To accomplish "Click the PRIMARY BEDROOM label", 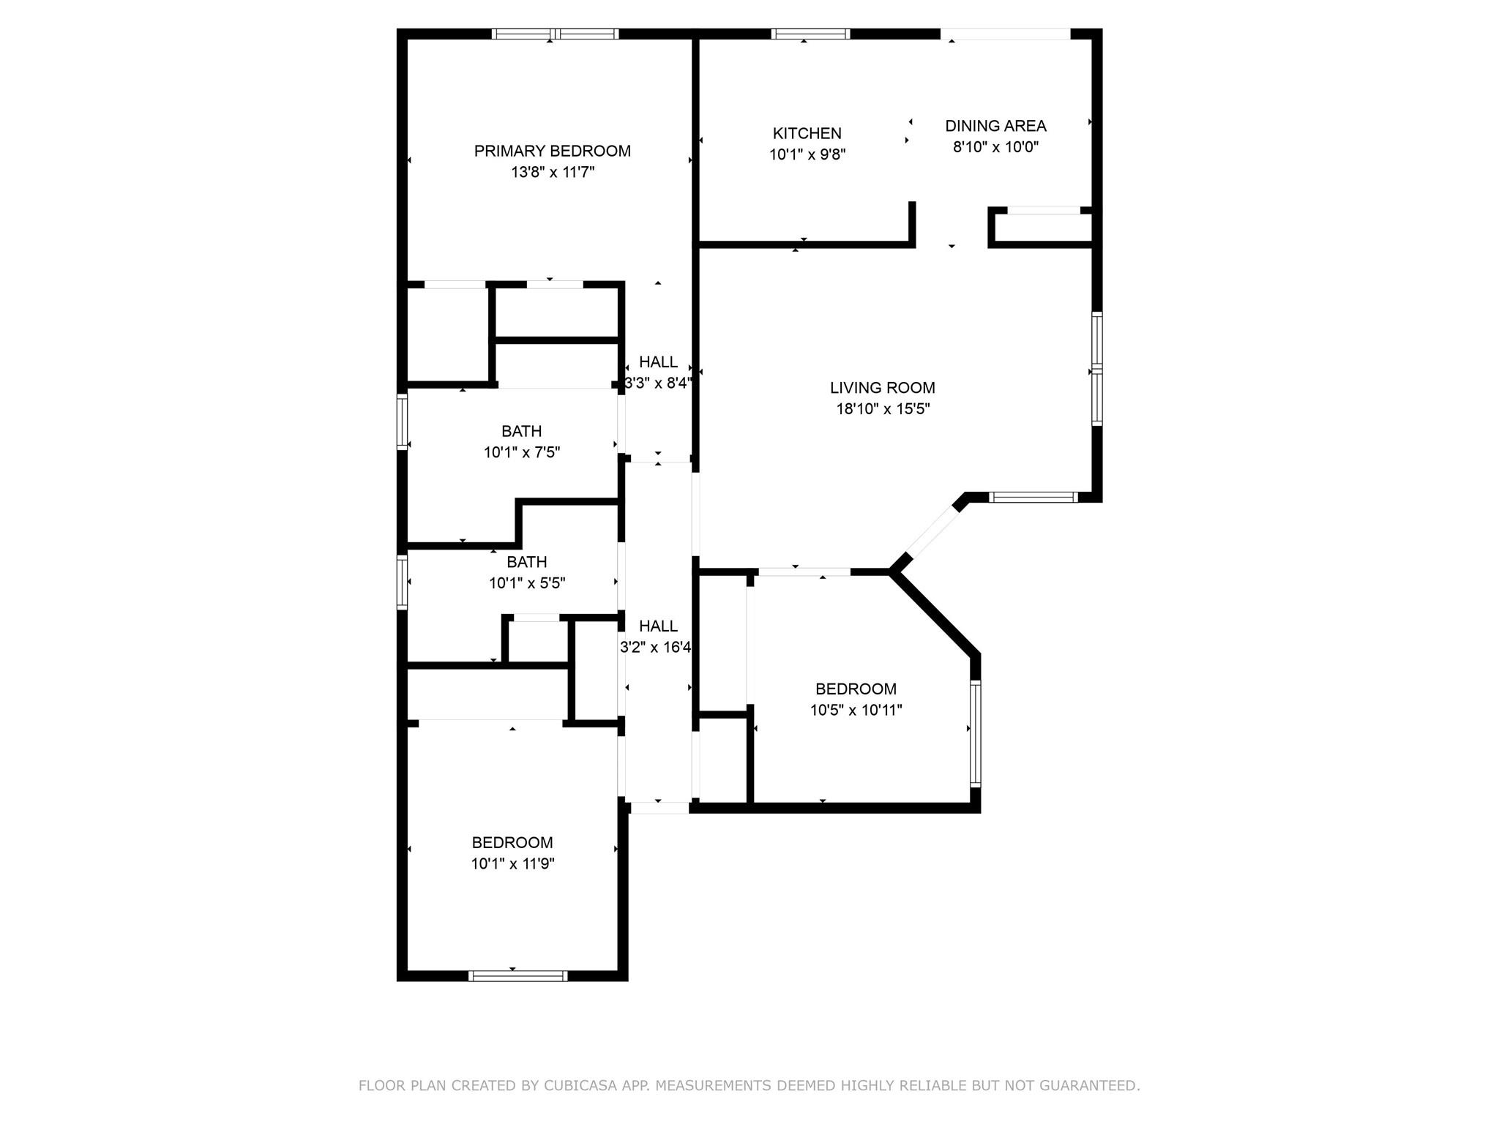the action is [552, 151].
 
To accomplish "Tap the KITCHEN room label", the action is [807, 133].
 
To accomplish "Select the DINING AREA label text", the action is [995, 126].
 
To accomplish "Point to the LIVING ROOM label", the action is [883, 388].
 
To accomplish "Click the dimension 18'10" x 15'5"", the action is [883, 409].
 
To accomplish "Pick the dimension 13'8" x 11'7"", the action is [553, 172].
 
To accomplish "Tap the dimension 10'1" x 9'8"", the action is [807, 154].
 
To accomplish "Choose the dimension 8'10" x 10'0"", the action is [995, 147].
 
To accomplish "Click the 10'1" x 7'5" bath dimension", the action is [522, 452].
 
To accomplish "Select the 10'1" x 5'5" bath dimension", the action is [527, 583].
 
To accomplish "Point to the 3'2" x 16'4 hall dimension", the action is [656, 647].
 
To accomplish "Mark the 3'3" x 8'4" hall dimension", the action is [658, 383].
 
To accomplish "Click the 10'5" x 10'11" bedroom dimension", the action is [856, 710].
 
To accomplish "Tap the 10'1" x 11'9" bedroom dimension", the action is [512, 863].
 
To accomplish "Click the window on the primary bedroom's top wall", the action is [555, 34].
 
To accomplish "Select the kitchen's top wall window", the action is [810, 34].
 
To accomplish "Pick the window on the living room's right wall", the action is [1097, 369].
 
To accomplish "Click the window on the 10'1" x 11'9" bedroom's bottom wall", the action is [517, 975].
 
